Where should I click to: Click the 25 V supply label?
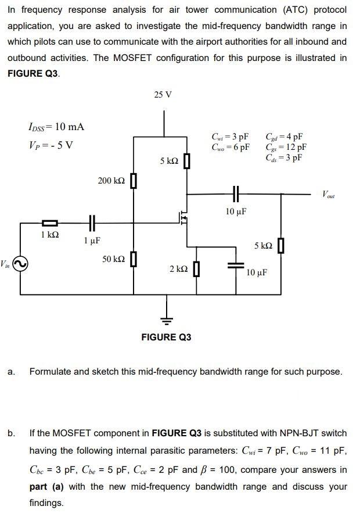(x=163, y=95)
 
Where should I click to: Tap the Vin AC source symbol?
(x=19, y=264)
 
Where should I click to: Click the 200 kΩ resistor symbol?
(x=134, y=181)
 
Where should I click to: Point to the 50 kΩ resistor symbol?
(x=134, y=258)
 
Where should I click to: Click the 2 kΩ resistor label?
(x=178, y=269)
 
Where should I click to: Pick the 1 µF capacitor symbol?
(x=91, y=222)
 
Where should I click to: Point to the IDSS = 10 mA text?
(x=56, y=127)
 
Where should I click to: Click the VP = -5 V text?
(x=51, y=145)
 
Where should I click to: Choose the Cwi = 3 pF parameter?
(x=231, y=137)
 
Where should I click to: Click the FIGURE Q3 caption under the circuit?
(x=166, y=337)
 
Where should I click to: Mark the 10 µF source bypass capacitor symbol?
(x=236, y=264)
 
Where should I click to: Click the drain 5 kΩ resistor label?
(x=169, y=160)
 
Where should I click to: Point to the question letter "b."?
(x=12, y=433)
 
